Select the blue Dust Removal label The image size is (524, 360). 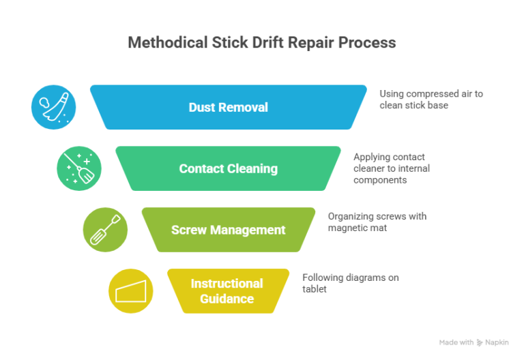pyautogui.click(x=228, y=107)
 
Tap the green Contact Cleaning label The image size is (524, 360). pyautogui.click(x=228, y=168)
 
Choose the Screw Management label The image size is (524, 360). pyautogui.click(x=228, y=230)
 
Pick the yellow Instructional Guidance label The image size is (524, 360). pyautogui.click(x=227, y=291)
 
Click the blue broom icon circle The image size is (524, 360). pyautogui.click(x=53, y=107)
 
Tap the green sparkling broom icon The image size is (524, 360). pyautogui.click(x=79, y=168)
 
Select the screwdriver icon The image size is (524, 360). pyautogui.click(x=105, y=230)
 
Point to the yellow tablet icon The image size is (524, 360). pyautogui.click(x=131, y=291)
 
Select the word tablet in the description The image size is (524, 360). pyautogui.click(x=315, y=289)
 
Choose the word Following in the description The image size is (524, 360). pyautogui.click(x=323, y=277)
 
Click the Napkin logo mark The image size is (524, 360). pyautogui.click(x=480, y=342)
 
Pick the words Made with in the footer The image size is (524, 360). pyautogui.click(x=456, y=342)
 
